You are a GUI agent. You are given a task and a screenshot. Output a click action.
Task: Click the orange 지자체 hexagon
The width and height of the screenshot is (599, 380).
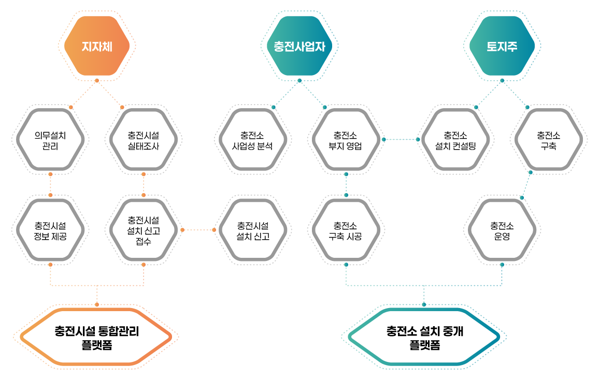coord(97,46)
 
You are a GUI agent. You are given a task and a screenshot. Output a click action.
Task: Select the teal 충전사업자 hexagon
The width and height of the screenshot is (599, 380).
coord(299,46)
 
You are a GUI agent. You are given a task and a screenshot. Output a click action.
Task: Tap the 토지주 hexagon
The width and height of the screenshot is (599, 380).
coord(502,46)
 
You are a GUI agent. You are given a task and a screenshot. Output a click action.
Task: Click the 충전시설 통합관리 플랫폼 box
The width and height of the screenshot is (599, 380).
coord(97,337)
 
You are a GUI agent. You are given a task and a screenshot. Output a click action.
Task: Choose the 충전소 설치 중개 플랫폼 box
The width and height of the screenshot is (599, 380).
coord(424,337)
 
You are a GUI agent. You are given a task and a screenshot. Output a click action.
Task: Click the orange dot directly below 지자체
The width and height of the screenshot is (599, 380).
coord(97,80)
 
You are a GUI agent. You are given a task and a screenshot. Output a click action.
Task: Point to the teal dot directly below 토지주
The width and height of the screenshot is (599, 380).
coord(502,80)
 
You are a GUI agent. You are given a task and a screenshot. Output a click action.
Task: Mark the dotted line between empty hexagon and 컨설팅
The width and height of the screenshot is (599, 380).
coord(401,139)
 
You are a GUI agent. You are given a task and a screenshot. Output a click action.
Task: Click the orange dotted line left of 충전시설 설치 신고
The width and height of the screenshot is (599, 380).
coord(198,229)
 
